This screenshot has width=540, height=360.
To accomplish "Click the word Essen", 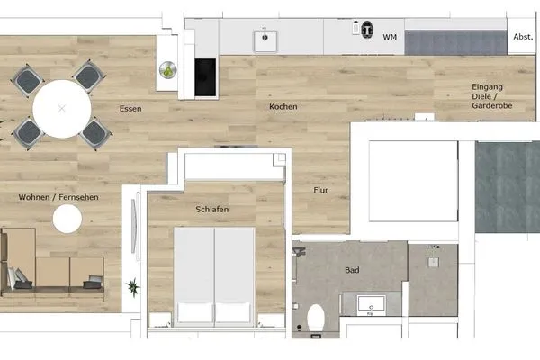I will click(130, 109).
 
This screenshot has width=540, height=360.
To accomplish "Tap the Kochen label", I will click(283, 107).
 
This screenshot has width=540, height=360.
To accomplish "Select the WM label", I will click(390, 37).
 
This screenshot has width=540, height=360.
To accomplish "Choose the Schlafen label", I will click(211, 210).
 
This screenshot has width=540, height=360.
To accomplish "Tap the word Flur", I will click(320, 190).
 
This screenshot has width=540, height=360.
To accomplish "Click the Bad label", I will click(353, 269).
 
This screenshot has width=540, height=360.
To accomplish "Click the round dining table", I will click(61, 108).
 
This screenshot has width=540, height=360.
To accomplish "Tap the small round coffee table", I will click(68, 219).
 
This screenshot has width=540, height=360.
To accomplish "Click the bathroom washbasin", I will click(370, 304).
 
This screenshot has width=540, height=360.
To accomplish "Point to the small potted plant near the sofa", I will click(133, 288).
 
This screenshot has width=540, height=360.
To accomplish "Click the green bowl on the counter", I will click(166, 69).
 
